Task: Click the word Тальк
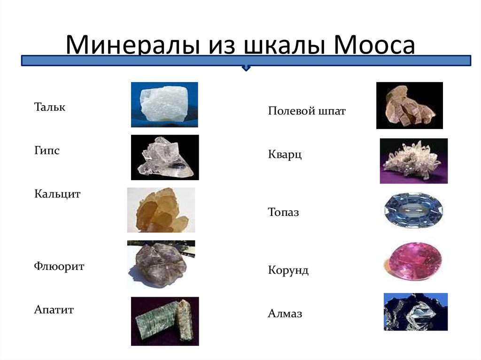[50, 107]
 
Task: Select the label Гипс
[47, 151]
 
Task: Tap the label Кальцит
[57, 194]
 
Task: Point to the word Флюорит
[59, 266]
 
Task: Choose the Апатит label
[54, 309]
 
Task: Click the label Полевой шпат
[307, 111]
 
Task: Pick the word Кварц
[285, 154]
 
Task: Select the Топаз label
[283, 212]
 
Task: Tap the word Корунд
[288, 270]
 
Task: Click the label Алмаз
[285, 314]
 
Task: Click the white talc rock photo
[164, 105]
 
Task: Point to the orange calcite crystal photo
[161, 210]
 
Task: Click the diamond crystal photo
[416, 312]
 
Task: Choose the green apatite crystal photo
[165, 322]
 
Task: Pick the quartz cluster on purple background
[414, 161]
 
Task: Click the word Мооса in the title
[374, 45]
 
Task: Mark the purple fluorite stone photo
[161, 265]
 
